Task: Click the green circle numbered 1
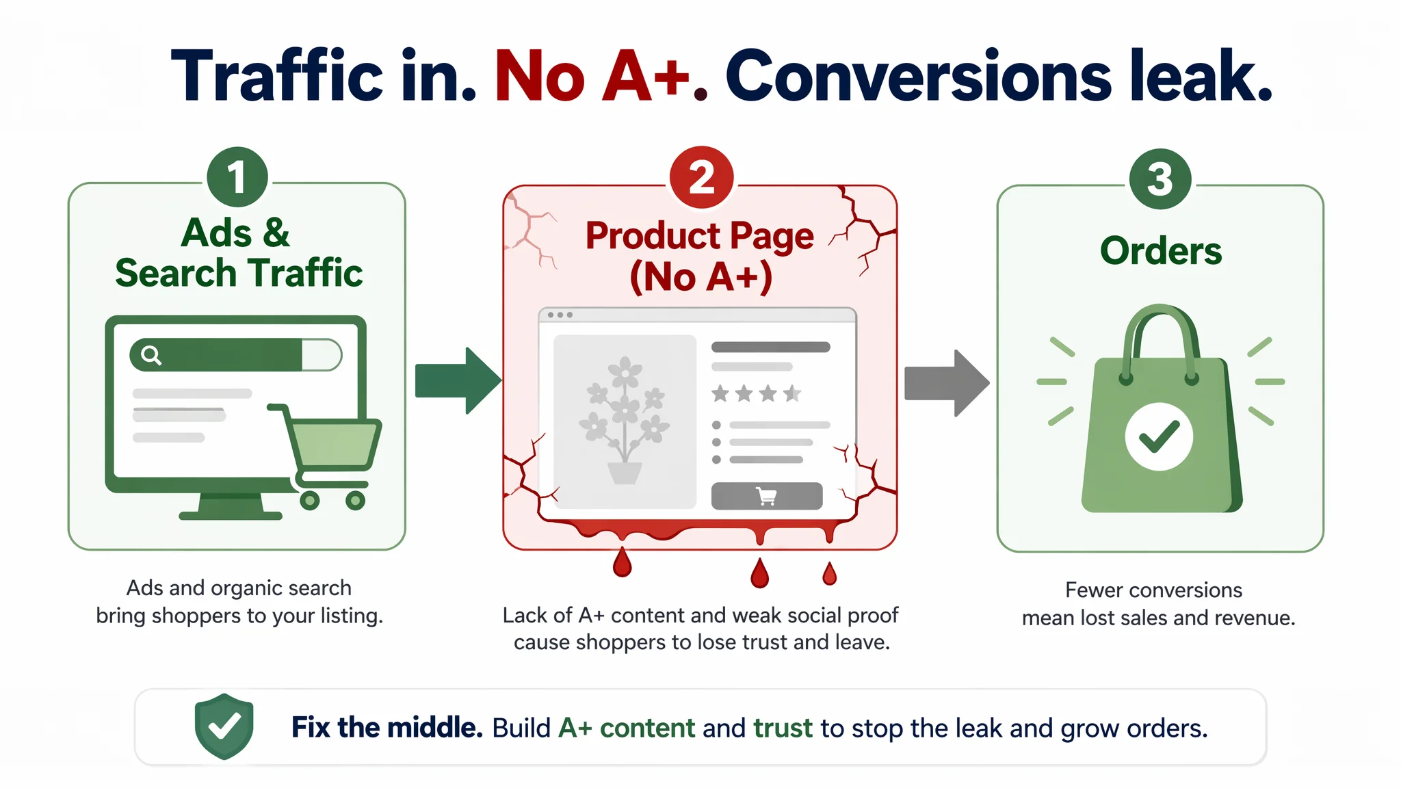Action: (237, 177)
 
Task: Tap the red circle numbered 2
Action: (701, 178)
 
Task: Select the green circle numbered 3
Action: (1160, 179)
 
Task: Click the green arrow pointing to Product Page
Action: (458, 381)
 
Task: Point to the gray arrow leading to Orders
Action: (947, 383)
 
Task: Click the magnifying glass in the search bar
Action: (151, 355)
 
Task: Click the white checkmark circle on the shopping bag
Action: (1159, 436)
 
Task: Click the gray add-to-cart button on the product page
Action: (767, 496)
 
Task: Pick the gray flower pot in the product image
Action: (625, 473)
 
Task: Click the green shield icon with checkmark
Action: (224, 726)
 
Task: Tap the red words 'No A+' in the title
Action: (592, 76)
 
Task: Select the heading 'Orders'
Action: (1161, 250)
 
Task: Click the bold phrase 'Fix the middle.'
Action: (387, 727)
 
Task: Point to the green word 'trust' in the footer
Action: (783, 728)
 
